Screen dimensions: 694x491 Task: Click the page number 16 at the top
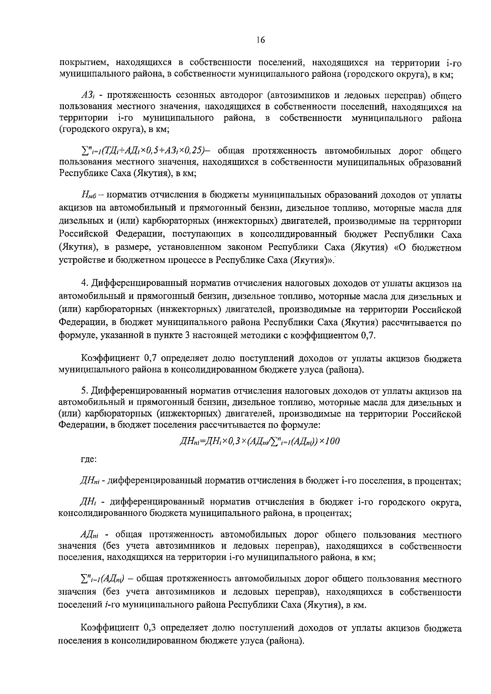click(x=261, y=40)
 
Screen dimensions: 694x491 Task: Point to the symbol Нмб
click(x=88, y=194)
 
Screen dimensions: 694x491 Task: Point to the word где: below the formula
click(x=88, y=459)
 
